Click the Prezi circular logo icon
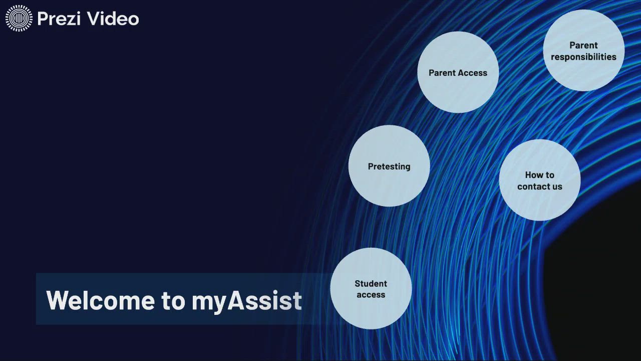tap(19, 19)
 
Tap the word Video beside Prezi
tap(113, 19)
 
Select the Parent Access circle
tap(458, 72)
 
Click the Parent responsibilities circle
tap(583, 51)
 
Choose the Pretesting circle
tap(389, 166)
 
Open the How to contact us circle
tap(540, 180)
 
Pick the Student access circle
tap(371, 289)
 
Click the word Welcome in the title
tap(101, 300)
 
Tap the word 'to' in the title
tap(173, 300)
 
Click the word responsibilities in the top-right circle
tap(583, 57)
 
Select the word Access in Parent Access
tap(473, 73)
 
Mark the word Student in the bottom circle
tap(371, 284)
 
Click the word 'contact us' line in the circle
tap(540, 187)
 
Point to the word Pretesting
tap(389, 166)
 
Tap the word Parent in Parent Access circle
tap(442, 73)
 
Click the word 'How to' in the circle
tap(540, 175)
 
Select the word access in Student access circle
tap(371, 295)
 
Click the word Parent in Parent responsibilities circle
tap(583, 45)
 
